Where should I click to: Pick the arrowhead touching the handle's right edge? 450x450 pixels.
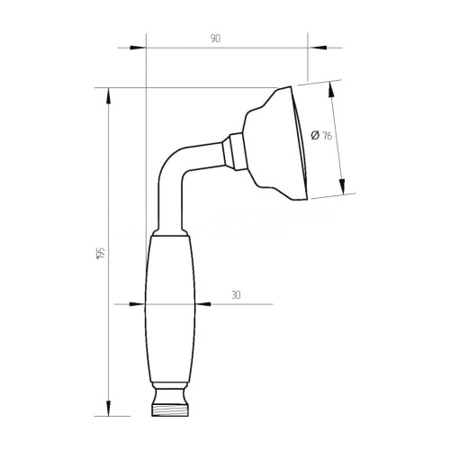193,303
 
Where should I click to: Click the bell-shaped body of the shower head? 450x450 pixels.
265,142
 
